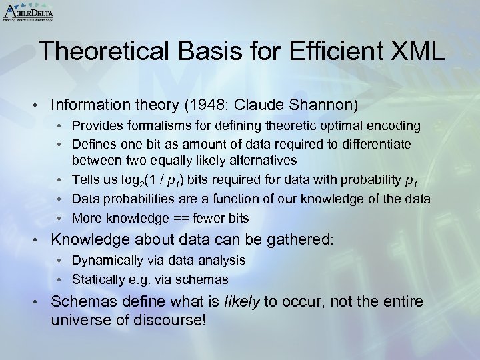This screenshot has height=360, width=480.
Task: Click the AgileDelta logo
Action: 28,13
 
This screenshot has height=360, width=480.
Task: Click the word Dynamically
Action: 103,260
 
